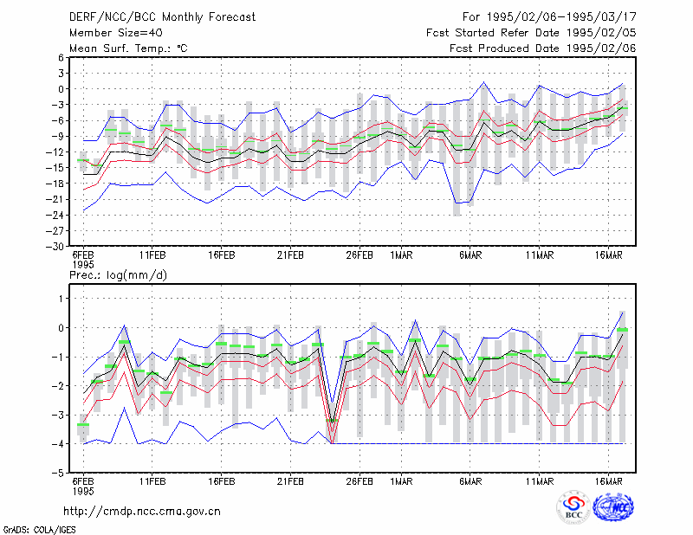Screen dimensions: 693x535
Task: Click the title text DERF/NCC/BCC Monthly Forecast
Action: pos(162,17)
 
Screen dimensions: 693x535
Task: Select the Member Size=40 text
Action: pos(116,33)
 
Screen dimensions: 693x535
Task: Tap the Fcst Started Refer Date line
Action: pos(531,33)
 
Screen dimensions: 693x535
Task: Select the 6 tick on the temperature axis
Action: pos(61,57)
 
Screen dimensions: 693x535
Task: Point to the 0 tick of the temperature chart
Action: pos(61,89)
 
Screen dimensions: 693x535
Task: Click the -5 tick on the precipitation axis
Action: pos(57,474)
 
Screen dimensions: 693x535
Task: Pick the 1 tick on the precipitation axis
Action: pos(61,299)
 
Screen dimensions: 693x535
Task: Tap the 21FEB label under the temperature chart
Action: pos(290,255)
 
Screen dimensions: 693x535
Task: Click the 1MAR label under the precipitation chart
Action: pos(401,481)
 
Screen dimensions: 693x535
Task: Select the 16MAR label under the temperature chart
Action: pos(609,255)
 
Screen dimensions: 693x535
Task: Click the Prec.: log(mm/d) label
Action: pos(118,275)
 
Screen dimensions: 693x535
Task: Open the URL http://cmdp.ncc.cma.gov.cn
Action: pos(142,512)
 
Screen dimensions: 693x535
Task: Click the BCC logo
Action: pos(573,508)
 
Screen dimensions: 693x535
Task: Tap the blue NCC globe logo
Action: pos(613,507)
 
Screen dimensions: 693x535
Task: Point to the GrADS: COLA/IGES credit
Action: pos(39,530)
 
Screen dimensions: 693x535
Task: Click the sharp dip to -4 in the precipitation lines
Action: pos(332,443)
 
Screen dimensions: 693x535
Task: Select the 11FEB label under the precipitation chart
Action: pos(152,481)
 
